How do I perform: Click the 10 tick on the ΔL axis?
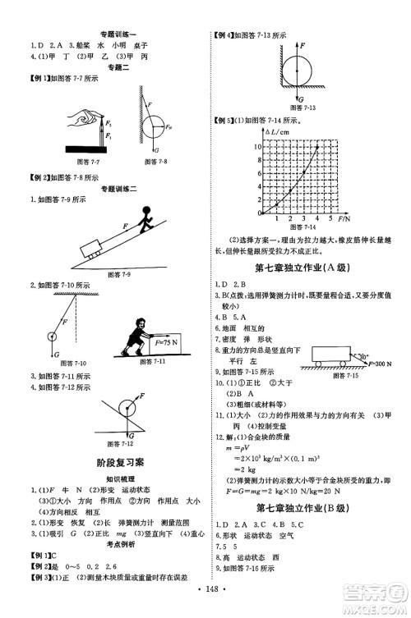coord(257,145)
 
